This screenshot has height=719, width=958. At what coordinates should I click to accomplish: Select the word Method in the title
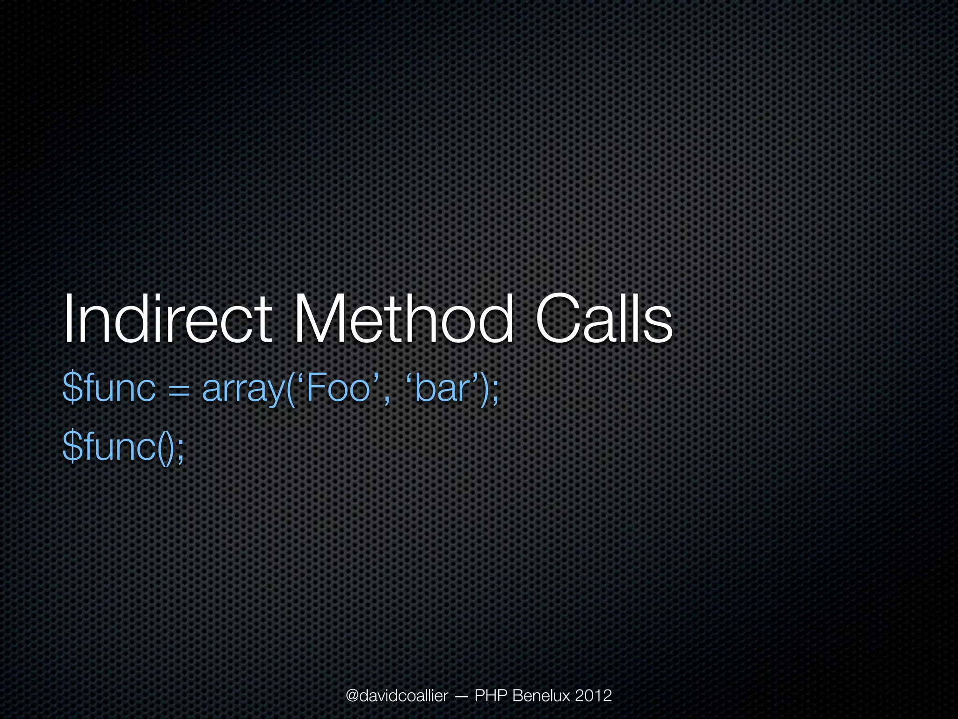pos(402,319)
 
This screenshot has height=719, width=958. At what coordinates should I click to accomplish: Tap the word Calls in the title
pos(603,319)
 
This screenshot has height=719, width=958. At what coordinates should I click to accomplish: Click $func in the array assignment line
pos(109,389)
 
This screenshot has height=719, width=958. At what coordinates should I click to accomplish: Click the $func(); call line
pos(123,447)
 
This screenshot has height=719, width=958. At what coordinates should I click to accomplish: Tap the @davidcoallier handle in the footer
pos(397,696)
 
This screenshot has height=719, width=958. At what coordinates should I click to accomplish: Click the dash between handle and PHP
pos(460,697)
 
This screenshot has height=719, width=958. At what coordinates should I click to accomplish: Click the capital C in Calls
pos(558,319)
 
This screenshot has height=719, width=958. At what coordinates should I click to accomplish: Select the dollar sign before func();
pos(73,447)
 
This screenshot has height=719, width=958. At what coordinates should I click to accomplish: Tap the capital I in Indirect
pos(68,319)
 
